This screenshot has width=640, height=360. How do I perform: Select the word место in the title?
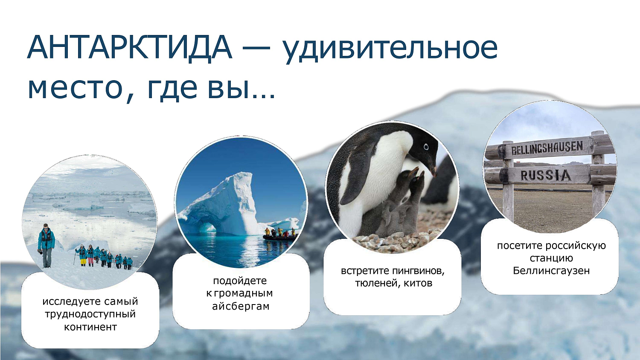click(x=75, y=87)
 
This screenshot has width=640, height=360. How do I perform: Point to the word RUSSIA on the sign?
click(x=545, y=175)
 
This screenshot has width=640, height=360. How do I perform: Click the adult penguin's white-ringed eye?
click(x=426, y=147)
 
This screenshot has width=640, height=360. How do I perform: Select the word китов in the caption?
click(x=418, y=283)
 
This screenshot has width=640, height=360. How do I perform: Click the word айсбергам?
click(x=241, y=306)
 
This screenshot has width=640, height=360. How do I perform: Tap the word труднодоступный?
click(x=90, y=314)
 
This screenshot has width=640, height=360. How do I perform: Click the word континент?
click(x=90, y=327)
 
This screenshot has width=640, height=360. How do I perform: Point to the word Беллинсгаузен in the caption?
click(x=551, y=271)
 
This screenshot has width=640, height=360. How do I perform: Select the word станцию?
click(x=551, y=258)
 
